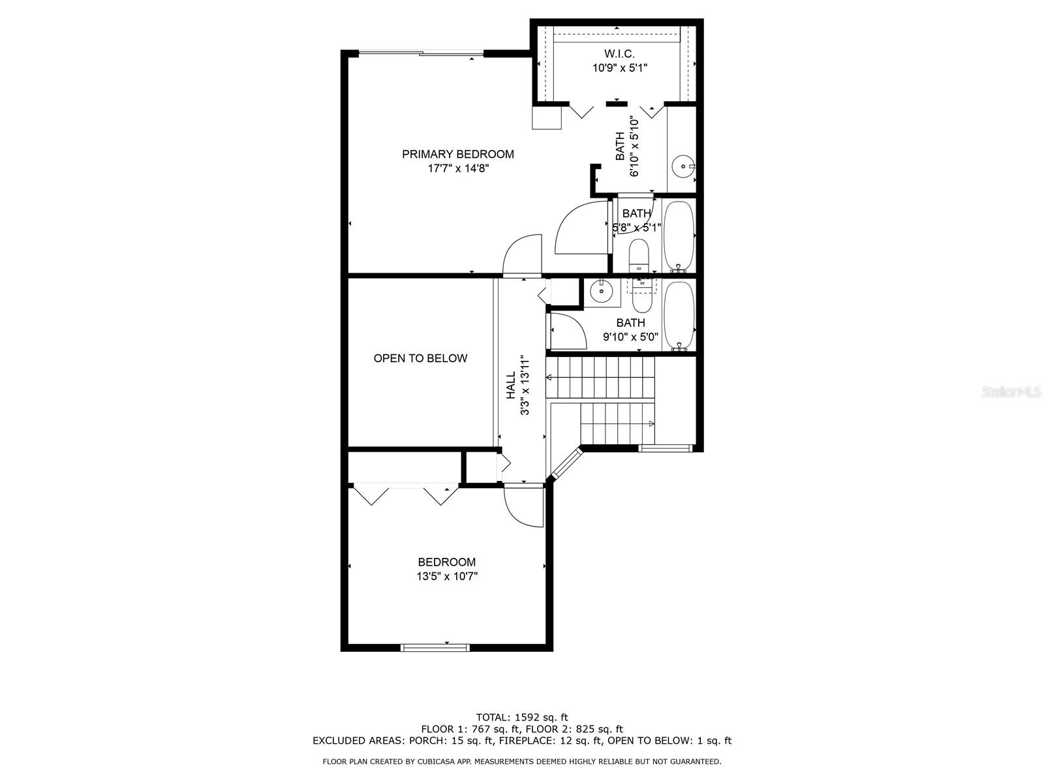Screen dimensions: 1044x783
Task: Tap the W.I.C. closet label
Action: point(619,54)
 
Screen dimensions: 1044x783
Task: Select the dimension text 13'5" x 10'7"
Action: point(446,577)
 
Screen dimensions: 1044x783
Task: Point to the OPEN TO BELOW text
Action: point(420,358)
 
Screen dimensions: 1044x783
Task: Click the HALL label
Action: point(511,385)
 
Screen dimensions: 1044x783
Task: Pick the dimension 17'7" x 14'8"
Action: point(458,168)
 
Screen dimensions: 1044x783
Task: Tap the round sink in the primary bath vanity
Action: point(683,166)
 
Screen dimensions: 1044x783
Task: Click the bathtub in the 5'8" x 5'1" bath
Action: point(679,236)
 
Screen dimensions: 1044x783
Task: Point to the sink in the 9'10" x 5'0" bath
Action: point(602,290)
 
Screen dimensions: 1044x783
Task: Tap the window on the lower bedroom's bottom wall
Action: point(435,647)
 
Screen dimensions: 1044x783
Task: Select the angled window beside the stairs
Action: point(564,463)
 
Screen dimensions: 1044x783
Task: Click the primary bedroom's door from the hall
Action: point(522,255)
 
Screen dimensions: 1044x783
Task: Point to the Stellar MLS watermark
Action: point(1011,392)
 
